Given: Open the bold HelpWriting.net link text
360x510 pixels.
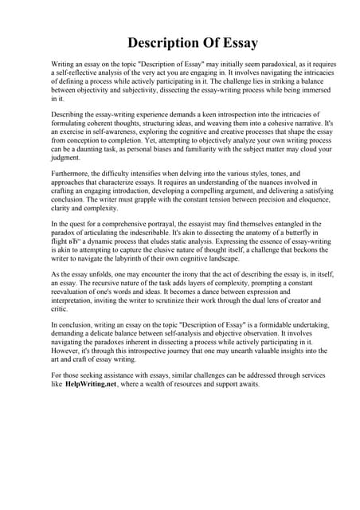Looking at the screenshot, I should coord(92,382).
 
